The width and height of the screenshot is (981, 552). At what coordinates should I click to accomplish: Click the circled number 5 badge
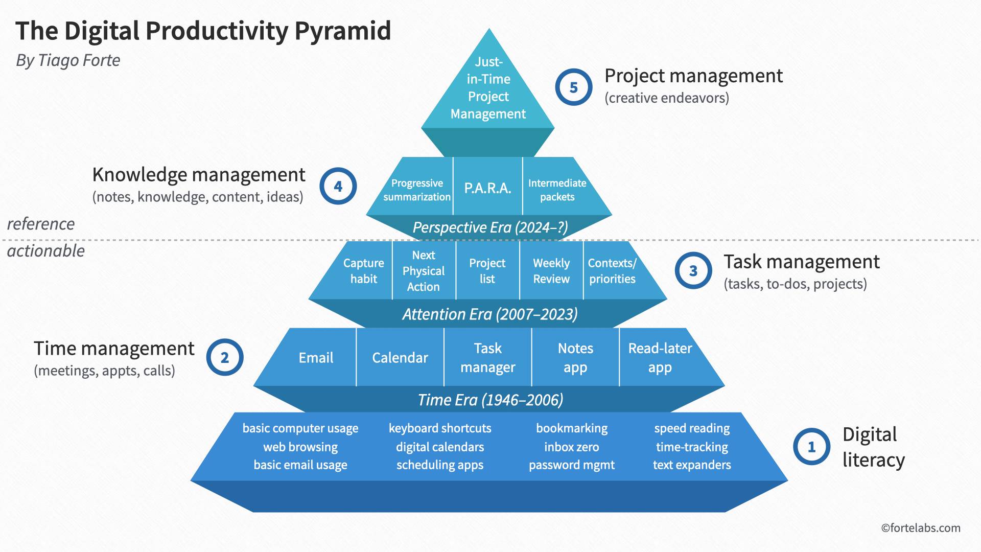(x=573, y=87)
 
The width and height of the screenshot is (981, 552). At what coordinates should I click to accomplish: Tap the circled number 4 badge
(x=338, y=186)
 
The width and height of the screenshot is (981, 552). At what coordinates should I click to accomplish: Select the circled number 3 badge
(x=693, y=270)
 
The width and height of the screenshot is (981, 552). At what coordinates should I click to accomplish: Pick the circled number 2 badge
(x=224, y=357)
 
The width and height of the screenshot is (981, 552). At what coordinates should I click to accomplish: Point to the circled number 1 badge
(x=811, y=447)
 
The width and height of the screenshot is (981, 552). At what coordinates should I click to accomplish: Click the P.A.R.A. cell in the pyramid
(x=487, y=188)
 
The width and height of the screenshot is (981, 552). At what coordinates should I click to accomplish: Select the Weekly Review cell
(x=551, y=271)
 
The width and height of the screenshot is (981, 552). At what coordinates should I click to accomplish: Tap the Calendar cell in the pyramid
(x=400, y=357)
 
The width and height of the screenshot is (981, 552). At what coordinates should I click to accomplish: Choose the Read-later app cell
(x=660, y=357)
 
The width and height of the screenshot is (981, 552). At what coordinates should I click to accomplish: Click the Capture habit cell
(x=363, y=271)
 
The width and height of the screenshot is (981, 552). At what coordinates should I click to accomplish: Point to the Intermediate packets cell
(x=557, y=190)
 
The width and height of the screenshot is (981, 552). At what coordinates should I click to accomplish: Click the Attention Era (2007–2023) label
(x=489, y=314)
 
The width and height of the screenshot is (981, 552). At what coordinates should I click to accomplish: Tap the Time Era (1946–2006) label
(x=490, y=400)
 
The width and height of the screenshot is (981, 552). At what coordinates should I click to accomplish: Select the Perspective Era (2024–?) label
(x=490, y=227)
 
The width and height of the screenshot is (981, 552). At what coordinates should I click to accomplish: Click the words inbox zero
(x=571, y=447)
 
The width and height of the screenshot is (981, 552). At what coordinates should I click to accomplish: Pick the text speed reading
(x=692, y=428)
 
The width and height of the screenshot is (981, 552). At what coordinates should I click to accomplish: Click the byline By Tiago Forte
(x=68, y=60)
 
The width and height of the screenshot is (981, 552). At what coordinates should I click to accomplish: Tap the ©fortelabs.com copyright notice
(x=920, y=528)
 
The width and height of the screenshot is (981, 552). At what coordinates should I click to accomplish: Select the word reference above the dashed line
(x=41, y=224)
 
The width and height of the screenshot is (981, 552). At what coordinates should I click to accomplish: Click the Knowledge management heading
(x=199, y=175)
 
